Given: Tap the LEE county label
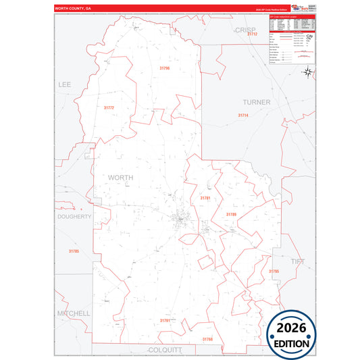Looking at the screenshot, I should [x=65, y=84].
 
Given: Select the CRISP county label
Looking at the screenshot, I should [x=246, y=30].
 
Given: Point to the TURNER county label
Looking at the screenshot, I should [x=257, y=102].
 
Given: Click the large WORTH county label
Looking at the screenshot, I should [x=120, y=177].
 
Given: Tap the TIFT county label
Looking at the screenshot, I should [x=297, y=261].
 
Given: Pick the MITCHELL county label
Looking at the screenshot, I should [x=73, y=313].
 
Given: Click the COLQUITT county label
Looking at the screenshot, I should [x=165, y=349].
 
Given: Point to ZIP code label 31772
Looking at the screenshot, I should [x=109, y=107].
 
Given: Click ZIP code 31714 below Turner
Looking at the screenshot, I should [x=243, y=115].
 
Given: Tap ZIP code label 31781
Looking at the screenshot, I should [x=205, y=198].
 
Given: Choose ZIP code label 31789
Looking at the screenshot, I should [x=231, y=213].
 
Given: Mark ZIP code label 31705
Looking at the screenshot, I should [x=74, y=251].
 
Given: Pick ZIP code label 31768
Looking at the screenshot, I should [x=207, y=339].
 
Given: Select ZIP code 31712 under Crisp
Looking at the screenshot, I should [x=251, y=43].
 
